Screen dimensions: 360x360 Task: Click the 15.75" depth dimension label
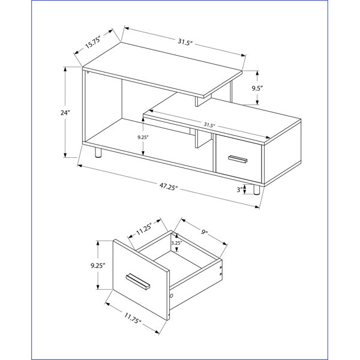click(93, 43)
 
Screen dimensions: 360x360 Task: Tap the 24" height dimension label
click(65, 113)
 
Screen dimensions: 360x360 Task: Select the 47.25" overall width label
click(169, 187)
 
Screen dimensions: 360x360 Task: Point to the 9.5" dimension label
click(257, 88)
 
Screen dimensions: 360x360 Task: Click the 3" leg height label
click(240, 190)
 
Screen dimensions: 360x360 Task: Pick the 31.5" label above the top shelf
click(185, 42)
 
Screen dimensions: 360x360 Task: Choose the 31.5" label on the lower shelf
click(209, 125)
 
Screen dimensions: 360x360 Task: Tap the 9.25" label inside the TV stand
click(143, 137)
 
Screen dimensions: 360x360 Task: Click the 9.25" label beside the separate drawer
click(98, 266)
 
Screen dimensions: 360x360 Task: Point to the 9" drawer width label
click(204, 232)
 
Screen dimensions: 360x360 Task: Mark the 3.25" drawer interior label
click(176, 243)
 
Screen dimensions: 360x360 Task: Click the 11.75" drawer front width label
click(133, 318)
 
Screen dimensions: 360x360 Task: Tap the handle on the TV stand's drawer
click(238, 159)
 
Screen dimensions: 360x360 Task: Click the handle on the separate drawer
click(138, 281)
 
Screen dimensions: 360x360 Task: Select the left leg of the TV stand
click(98, 152)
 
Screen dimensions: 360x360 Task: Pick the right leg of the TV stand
click(256, 190)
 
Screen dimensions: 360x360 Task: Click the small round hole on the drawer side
click(171, 296)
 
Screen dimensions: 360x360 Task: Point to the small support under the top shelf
click(199, 101)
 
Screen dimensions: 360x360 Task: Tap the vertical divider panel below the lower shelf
click(203, 139)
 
